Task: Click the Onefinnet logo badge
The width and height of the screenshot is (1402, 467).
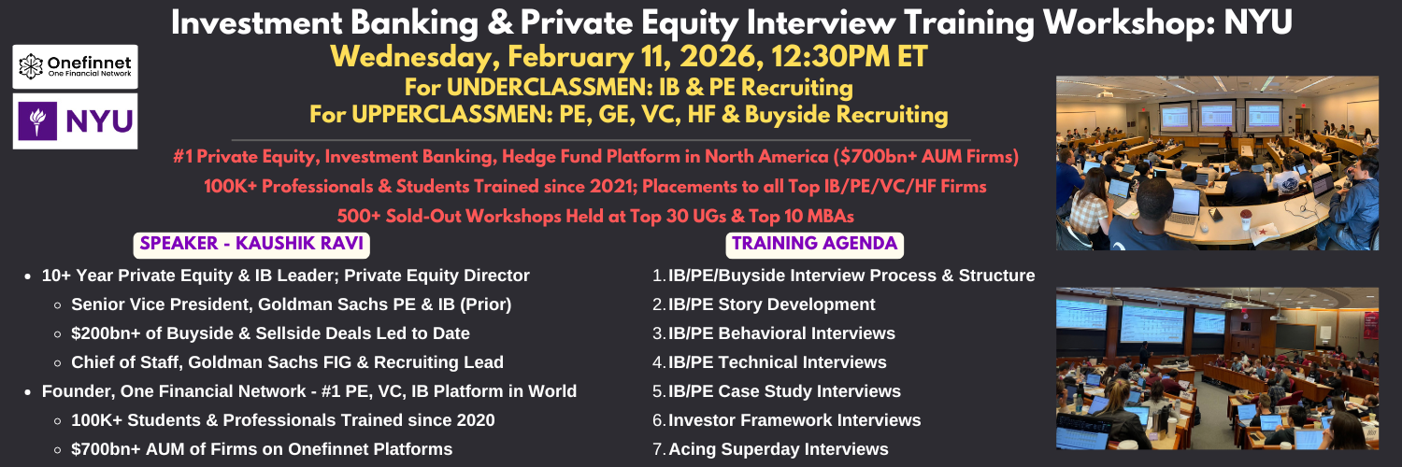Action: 75,66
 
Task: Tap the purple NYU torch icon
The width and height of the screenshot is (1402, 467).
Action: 37,120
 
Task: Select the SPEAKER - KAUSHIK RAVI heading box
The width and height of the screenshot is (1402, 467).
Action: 251,245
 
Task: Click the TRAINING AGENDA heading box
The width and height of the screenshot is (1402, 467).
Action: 814,245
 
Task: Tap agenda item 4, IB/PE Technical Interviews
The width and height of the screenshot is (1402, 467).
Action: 778,362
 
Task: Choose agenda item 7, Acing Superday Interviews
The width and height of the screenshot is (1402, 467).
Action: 779,449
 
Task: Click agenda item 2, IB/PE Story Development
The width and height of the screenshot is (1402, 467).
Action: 772,304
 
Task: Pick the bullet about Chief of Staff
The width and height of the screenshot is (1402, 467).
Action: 287,362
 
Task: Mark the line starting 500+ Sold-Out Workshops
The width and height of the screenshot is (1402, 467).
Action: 595,217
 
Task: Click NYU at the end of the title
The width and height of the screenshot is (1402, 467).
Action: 1258,22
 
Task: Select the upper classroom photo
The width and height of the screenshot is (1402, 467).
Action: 1217,163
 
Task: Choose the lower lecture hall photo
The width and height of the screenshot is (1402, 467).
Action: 1217,368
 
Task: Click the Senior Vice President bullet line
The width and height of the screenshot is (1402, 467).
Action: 291,304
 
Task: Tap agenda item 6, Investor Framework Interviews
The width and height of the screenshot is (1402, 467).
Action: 794,420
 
